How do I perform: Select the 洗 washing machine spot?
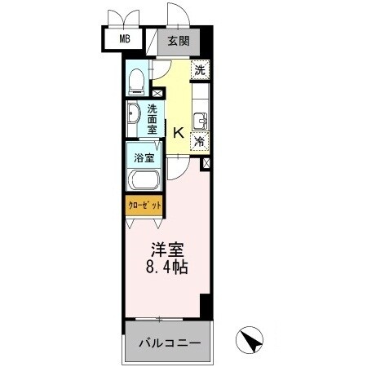coord(200,70)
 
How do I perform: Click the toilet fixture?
coord(138,80)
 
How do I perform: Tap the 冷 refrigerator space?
coord(200,140)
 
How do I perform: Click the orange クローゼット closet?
coord(144,205)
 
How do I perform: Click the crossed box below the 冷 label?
coord(204,163)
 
